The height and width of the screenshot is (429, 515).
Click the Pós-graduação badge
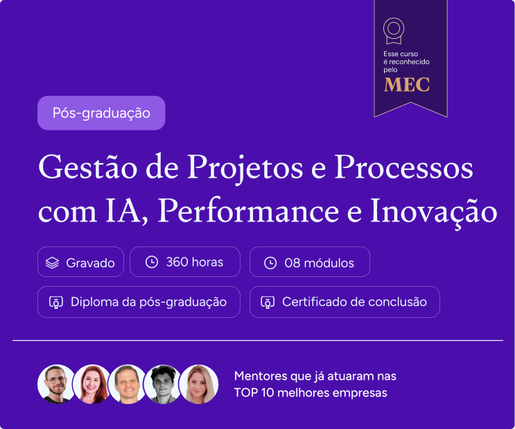tap(101, 113)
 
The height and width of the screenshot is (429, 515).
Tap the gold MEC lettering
tap(407, 85)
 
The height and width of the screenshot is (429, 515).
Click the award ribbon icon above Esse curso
tap(394, 31)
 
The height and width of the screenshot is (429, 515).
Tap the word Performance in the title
tap(248, 211)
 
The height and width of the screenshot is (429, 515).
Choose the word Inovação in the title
tap(433, 212)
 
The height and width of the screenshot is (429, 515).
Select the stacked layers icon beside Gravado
tap(52, 262)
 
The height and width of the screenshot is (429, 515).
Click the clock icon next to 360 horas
tap(152, 262)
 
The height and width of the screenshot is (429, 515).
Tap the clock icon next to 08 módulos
tap(270, 263)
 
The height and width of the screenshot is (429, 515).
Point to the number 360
tap(177, 262)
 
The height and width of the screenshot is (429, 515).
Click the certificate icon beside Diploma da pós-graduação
tap(56, 303)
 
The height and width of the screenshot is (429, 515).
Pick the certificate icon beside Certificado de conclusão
tap(268, 303)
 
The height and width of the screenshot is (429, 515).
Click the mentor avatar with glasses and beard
tap(56, 384)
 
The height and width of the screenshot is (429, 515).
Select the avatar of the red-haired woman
tap(92, 384)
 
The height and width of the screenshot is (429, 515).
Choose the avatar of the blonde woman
tap(199, 384)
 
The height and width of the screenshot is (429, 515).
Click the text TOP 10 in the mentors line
tap(254, 393)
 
